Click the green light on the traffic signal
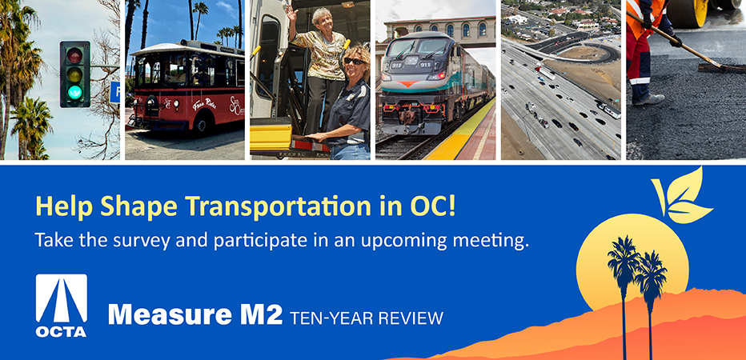pos(74,92)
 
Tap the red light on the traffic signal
pos(74,55)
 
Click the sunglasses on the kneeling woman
pos(354,61)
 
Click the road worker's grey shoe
pos(648,99)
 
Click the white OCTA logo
pos(62,306)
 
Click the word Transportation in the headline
pos(278,206)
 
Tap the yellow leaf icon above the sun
pos(682,196)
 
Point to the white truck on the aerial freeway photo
pos(545,73)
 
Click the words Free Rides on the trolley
pos(204,104)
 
